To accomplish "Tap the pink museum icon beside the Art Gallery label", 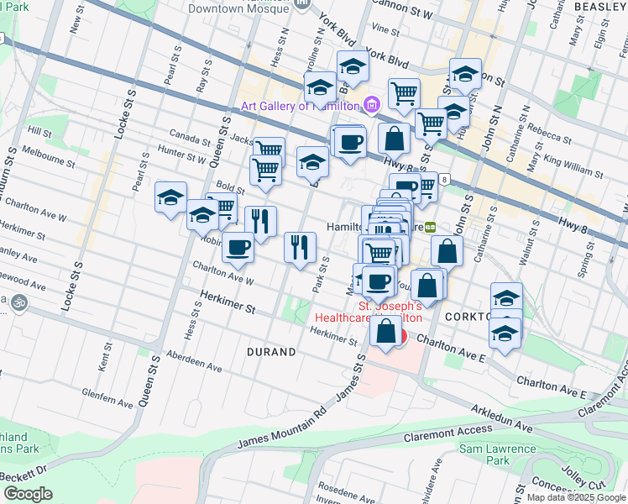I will pos(372,105).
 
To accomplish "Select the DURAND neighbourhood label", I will pos(270,352).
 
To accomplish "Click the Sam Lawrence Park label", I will pos(497,454).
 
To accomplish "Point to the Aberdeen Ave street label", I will pos(194,363).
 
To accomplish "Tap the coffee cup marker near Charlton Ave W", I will pos(238,247).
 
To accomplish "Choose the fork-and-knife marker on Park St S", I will pos(300,246).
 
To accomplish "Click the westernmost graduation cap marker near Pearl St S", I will pos(170,197).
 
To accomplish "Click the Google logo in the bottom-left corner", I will pos(28,494).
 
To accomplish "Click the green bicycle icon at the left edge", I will pos(18,302).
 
